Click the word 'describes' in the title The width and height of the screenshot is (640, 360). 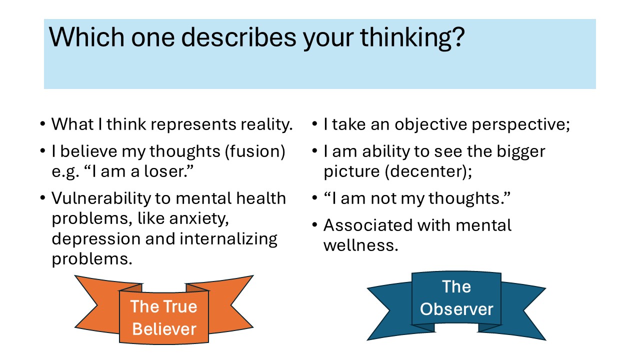(238, 37)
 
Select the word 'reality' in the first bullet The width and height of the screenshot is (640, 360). (266, 125)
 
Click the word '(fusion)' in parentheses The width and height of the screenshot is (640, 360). (255, 151)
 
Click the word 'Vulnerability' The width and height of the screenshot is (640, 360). (101, 199)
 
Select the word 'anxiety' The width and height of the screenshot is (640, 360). (199, 219)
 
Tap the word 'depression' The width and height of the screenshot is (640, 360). (96, 239)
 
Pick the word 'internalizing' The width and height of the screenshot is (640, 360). (228, 239)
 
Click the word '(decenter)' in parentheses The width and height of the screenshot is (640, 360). (428, 171)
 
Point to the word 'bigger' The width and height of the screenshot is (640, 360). (521, 152)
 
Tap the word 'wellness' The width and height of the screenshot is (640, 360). (360, 245)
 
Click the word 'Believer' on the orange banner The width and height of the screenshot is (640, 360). (164, 329)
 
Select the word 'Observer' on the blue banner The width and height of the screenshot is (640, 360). (456, 309)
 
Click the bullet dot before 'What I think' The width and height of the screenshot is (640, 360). (43, 124)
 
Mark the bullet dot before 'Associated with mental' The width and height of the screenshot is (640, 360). (315, 225)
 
